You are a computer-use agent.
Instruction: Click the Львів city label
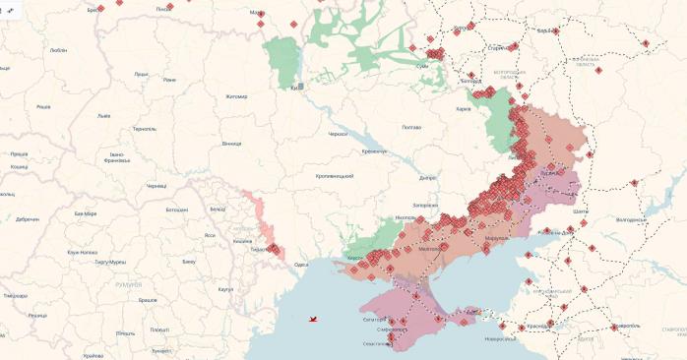[x=103, y=116]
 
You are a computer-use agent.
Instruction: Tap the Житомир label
[x=236, y=96]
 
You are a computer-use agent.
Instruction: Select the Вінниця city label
[x=231, y=144]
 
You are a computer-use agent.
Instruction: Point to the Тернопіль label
[x=144, y=129]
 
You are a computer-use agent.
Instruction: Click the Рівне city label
[x=169, y=80]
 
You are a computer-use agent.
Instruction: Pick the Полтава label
[x=411, y=127]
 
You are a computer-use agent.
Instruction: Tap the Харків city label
[x=464, y=109]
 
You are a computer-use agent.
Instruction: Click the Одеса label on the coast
[x=301, y=265]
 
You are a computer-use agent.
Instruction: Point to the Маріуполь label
[x=498, y=238]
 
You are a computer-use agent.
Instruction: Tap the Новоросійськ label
[x=500, y=339]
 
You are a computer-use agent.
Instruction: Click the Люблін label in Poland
[x=57, y=48]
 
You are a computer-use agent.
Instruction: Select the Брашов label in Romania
[x=149, y=299]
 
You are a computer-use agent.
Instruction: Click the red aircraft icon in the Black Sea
[x=313, y=319]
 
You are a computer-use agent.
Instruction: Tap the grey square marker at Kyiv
[x=301, y=87]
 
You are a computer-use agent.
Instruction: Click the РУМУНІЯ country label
[x=128, y=284]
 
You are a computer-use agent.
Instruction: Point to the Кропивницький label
[x=334, y=175]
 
